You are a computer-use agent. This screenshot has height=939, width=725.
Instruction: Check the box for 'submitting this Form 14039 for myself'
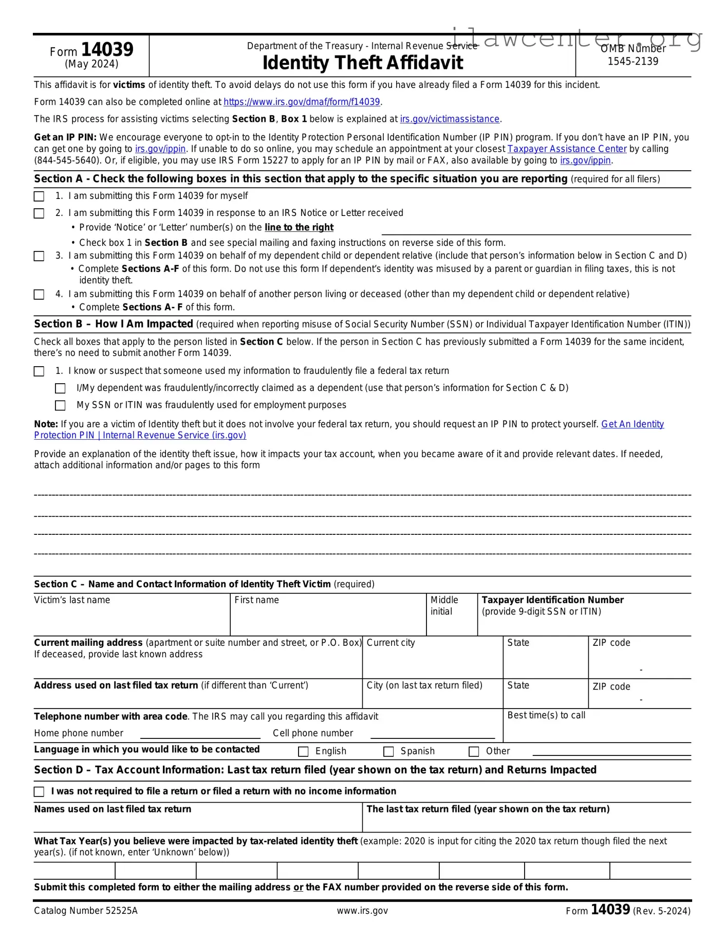39,196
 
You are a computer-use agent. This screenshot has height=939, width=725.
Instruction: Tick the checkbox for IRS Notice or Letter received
39,213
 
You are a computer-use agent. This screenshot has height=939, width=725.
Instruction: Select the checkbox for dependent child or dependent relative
39,256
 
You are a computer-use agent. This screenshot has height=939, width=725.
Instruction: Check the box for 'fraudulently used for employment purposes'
60,405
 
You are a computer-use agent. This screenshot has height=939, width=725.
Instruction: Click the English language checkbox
303,752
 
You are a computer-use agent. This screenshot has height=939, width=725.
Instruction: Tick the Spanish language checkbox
388,752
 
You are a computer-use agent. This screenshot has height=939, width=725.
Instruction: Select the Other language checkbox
474,752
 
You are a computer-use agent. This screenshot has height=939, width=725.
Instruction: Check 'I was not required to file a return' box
39,791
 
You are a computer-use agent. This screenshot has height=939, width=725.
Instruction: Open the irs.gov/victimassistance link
450,119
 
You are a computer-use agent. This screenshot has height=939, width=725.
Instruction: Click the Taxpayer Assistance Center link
567,149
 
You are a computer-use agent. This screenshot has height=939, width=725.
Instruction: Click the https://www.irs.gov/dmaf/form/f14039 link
302,102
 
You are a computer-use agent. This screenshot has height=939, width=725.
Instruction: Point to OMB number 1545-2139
633,61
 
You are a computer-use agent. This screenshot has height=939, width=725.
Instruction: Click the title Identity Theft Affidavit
362,63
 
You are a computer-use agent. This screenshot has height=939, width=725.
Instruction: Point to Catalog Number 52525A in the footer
86,911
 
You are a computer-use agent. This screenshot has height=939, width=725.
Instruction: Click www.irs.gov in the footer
362,911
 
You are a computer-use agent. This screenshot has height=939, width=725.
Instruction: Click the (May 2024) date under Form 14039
91,64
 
